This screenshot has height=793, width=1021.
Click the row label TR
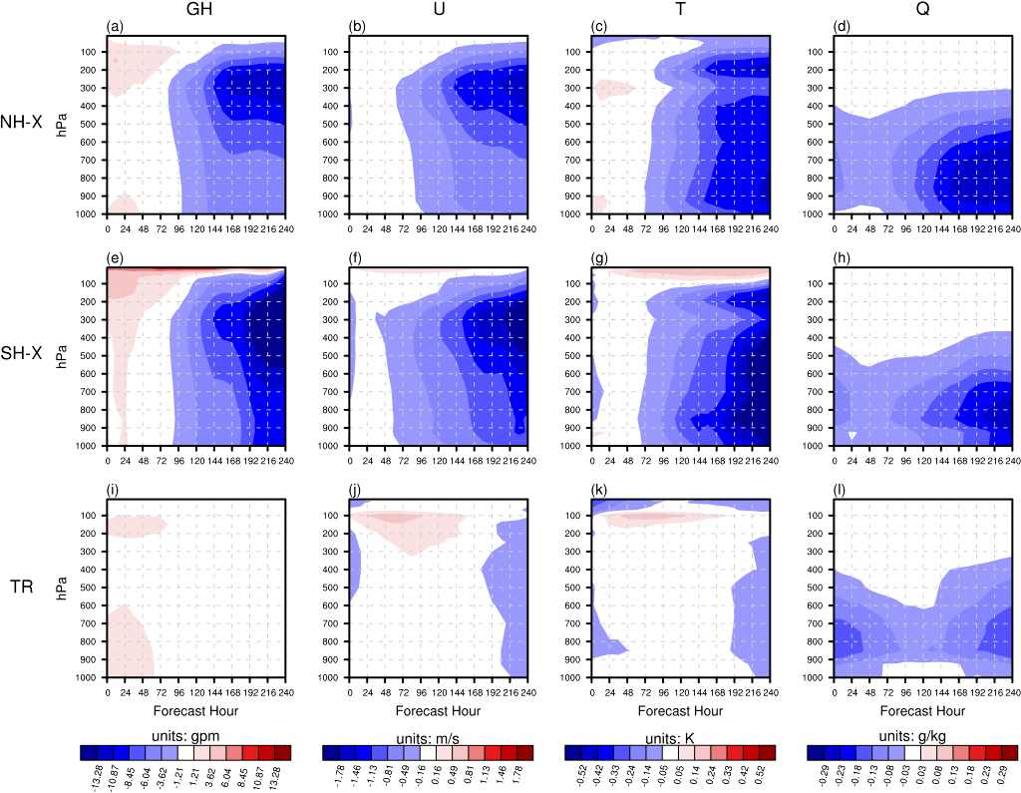[22, 588]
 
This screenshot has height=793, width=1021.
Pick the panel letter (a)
[116, 27]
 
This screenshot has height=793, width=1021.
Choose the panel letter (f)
[357, 258]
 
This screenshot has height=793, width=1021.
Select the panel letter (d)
[843, 27]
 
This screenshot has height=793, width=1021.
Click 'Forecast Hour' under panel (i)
[196, 711]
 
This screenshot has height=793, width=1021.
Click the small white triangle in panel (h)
[852, 435]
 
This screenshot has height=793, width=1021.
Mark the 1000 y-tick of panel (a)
[88, 214]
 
